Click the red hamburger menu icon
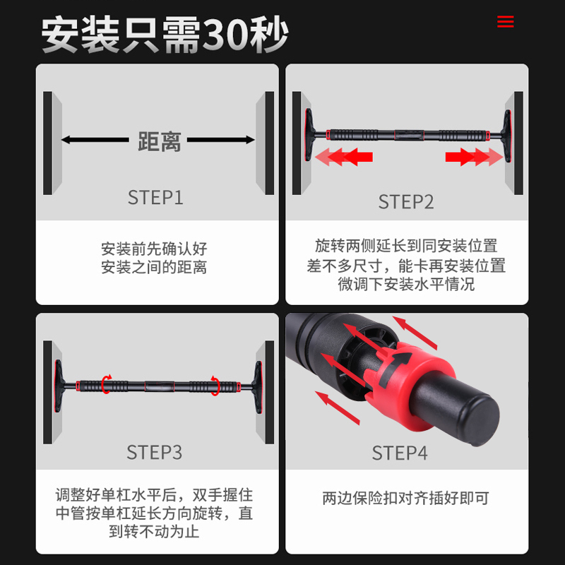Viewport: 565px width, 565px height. pos(505,22)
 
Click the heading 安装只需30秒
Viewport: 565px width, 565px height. pos(165,34)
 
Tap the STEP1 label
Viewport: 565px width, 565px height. pos(155,197)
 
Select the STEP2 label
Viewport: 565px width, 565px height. pos(406,201)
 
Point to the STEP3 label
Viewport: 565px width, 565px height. pos(155,452)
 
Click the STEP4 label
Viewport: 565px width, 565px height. pos(400,453)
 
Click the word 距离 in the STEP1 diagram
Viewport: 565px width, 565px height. pos(159,141)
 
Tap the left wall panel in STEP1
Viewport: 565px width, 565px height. pos(52,143)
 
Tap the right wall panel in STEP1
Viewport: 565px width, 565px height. pos(266,143)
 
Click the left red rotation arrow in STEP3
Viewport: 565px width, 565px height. pos(106,385)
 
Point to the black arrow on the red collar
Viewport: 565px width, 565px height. pos(400,361)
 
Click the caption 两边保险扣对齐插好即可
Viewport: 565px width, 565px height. pos(406,498)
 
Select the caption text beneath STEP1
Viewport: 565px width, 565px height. pos(155,258)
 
